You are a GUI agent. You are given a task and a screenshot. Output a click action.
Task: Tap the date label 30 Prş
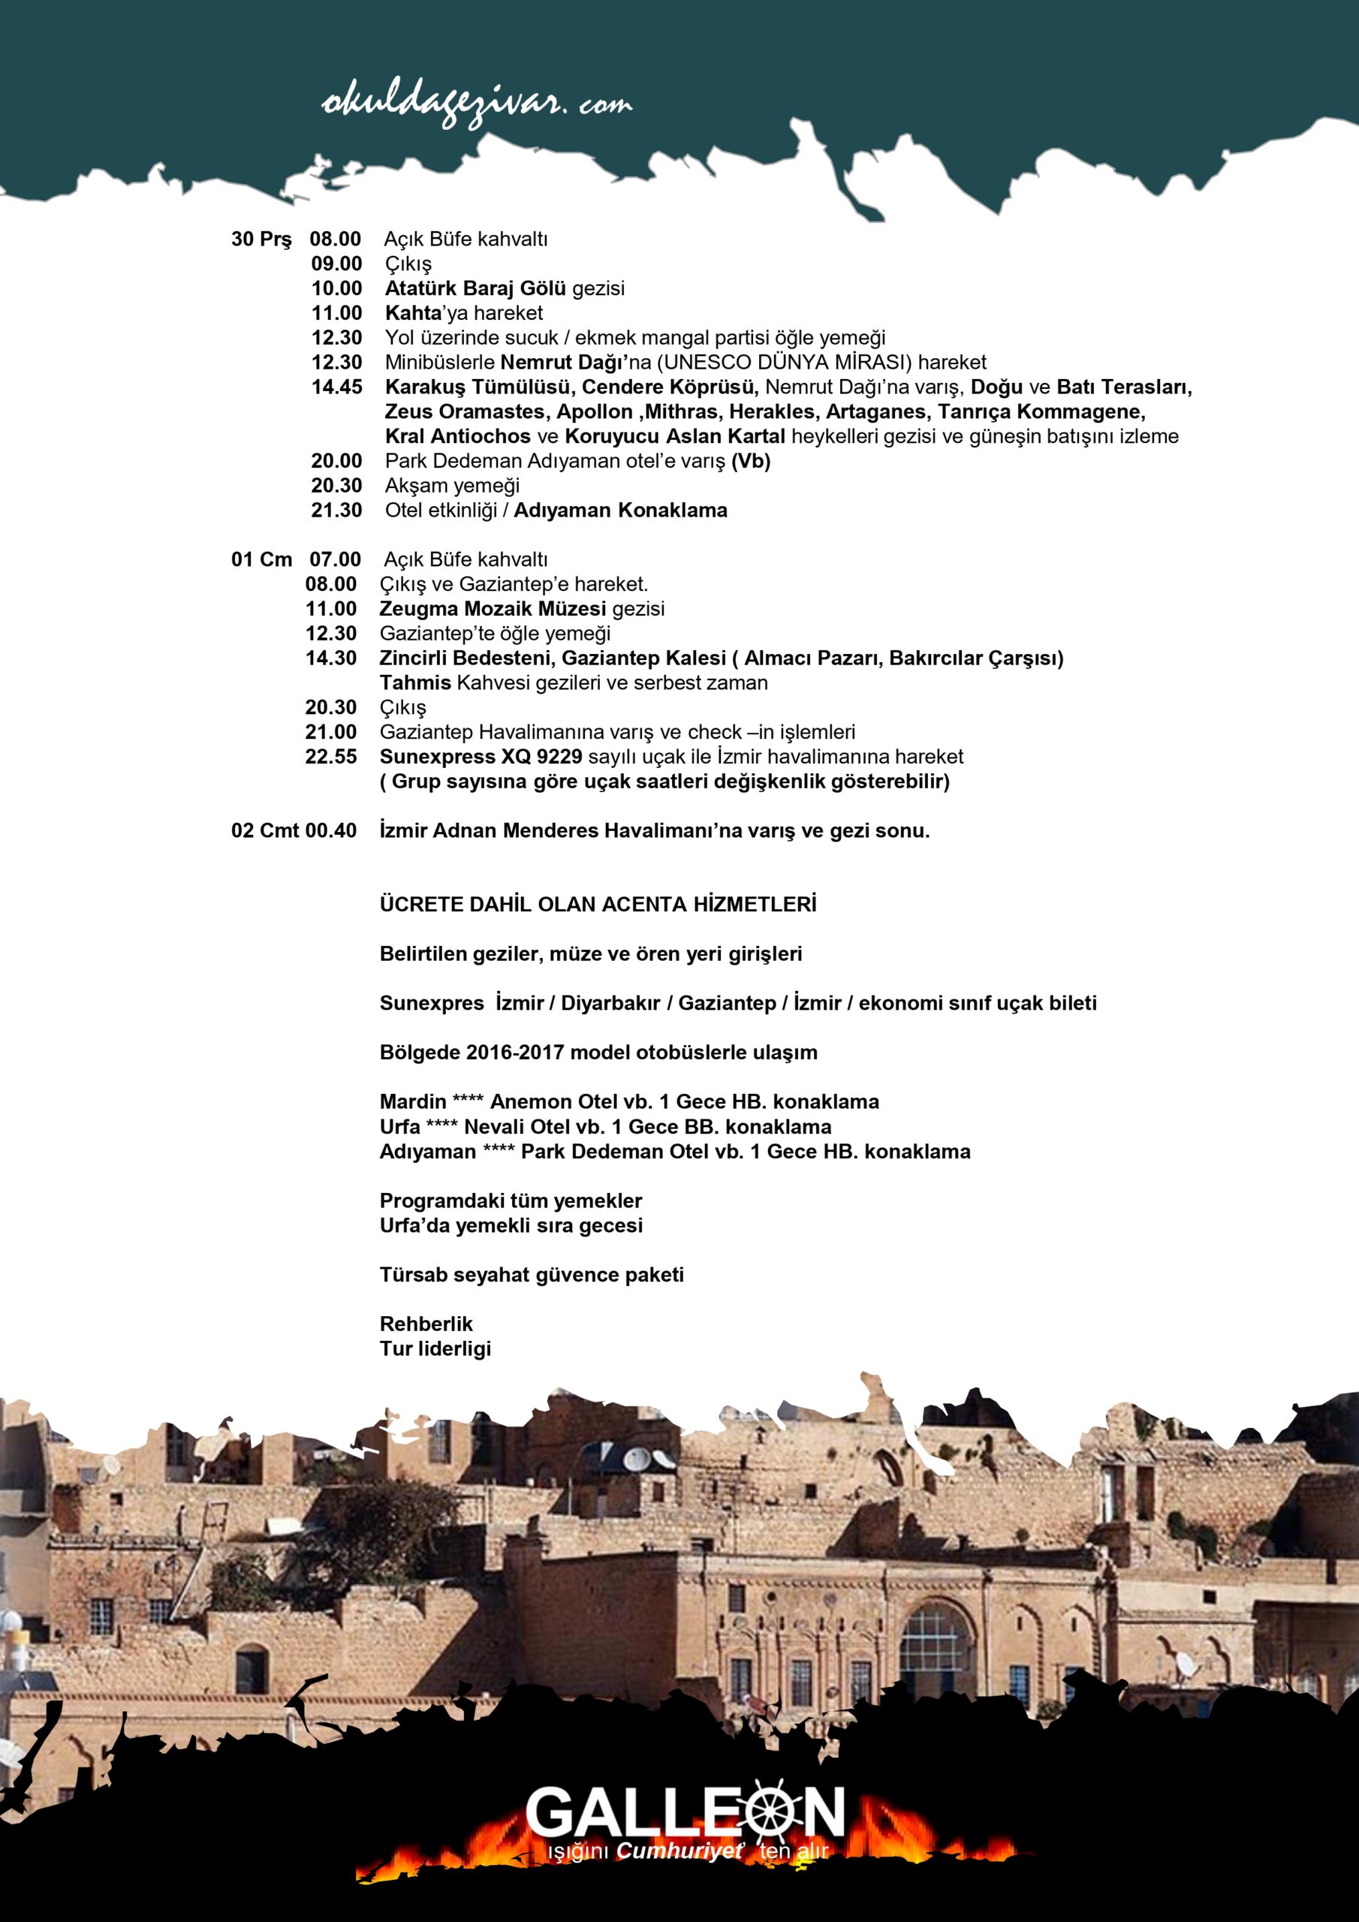click(x=261, y=239)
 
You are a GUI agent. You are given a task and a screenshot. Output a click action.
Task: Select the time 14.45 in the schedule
click(x=336, y=387)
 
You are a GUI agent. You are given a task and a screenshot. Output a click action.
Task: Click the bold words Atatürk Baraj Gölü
click(x=475, y=289)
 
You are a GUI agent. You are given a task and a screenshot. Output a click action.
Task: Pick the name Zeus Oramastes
click(x=466, y=412)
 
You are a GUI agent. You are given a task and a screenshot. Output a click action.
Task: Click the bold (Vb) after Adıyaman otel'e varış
click(x=750, y=461)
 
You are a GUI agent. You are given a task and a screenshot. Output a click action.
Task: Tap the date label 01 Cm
click(x=261, y=559)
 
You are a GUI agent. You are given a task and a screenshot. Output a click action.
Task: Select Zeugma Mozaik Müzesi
click(x=493, y=609)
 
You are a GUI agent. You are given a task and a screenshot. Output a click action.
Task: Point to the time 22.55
click(x=331, y=757)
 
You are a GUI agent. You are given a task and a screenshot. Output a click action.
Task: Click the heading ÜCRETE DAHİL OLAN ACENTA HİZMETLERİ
click(x=598, y=905)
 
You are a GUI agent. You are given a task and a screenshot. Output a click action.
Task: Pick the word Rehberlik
click(x=426, y=1324)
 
